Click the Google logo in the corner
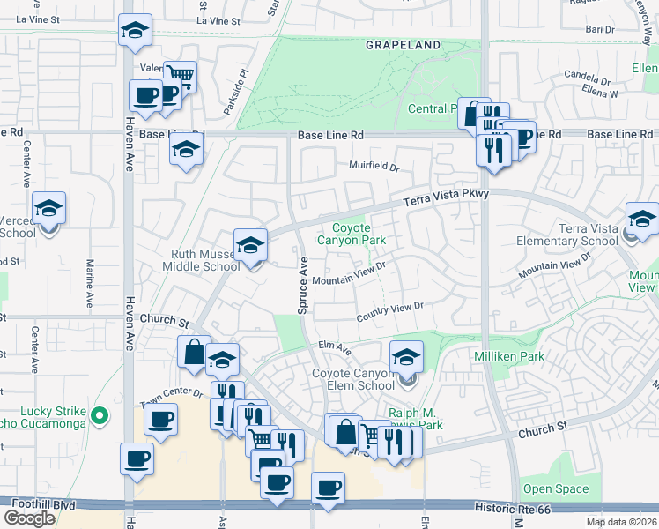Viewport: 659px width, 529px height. click(x=29, y=518)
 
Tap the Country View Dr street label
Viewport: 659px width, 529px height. click(x=390, y=313)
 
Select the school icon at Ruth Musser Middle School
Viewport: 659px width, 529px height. click(x=250, y=245)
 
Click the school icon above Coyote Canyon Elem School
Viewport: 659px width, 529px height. click(x=406, y=357)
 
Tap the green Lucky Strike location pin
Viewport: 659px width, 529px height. click(x=100, y=414)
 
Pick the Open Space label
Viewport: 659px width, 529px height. click(x=555, y=488)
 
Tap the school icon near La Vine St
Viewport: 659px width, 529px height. click(x=136, y=31)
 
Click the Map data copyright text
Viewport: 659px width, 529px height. click(x=621, y=522)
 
